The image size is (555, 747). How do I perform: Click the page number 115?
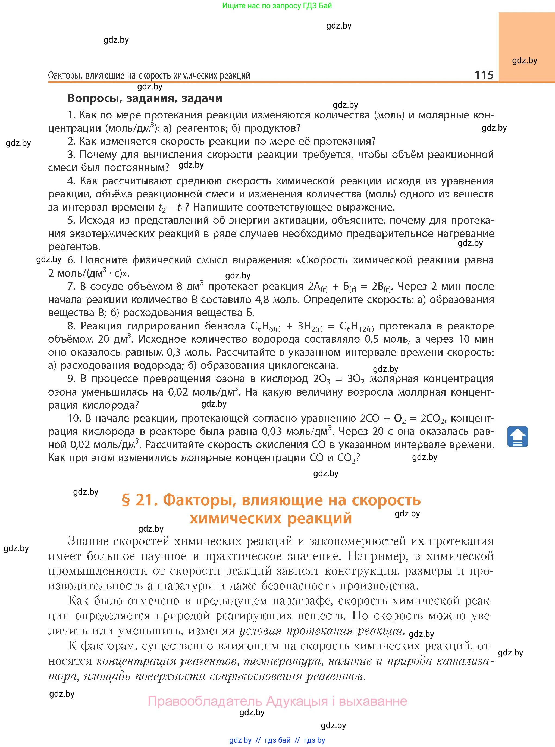484,75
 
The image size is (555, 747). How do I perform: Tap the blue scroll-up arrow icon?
517,436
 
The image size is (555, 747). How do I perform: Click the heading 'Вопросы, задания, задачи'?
145,98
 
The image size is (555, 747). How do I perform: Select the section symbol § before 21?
125,500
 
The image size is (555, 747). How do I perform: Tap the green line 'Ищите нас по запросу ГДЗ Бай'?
277,6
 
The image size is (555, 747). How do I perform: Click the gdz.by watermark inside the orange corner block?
524,61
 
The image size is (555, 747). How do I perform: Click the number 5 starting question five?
71,220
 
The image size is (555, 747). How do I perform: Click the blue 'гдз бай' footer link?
278,740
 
